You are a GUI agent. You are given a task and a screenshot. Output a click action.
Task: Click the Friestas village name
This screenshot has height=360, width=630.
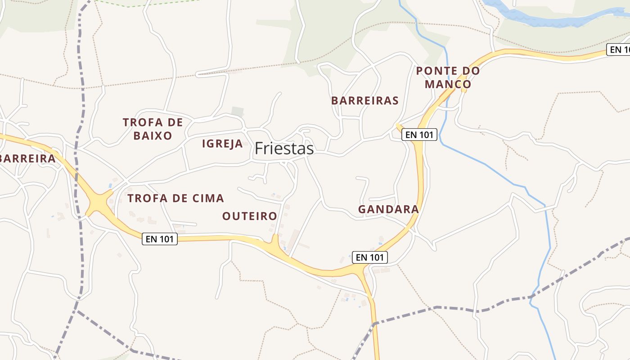(x=284, y=148)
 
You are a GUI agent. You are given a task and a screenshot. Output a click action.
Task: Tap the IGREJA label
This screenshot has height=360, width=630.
(x=222, y=144)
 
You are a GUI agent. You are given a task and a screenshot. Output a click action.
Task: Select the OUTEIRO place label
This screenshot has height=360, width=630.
(x=250, y=216)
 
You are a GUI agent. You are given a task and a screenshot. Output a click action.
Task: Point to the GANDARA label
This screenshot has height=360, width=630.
(x=388, y=209)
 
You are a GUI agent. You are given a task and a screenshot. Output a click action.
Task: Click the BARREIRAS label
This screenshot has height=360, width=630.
(x=365, y=101)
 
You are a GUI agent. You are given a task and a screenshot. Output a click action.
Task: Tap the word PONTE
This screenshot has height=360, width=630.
(x=435, y=71)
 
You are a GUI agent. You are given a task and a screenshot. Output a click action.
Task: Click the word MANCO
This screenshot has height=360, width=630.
(x=448, y=84)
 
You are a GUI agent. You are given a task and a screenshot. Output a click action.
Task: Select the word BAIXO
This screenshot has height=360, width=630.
(x=153, y=136)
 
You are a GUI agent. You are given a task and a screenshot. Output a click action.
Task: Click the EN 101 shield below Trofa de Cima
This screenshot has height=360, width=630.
(x=160, y=239)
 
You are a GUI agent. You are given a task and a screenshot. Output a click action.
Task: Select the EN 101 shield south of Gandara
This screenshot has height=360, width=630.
(x=369, y=257)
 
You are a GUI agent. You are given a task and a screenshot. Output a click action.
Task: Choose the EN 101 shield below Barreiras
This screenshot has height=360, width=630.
(x=419, y=135)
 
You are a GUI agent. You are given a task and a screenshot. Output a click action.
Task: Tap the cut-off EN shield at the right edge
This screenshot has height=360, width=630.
(x=619, y=49)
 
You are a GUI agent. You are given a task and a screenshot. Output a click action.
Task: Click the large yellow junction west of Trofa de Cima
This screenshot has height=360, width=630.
(x=99, y=203)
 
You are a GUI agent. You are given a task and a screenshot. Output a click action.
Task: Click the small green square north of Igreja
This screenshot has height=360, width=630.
(x=237, y=111)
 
